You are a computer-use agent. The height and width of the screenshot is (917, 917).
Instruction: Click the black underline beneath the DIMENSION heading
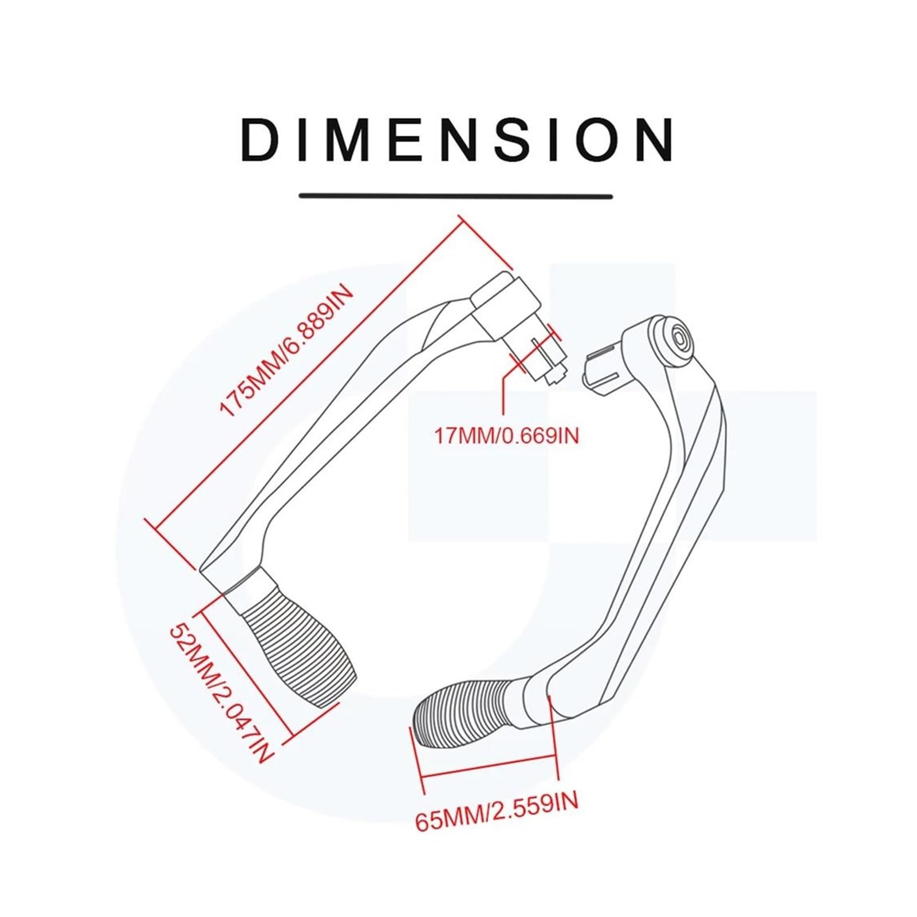click(x=456, y=196)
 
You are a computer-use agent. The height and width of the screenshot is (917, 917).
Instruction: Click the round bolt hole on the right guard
click(x=680, y=338)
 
